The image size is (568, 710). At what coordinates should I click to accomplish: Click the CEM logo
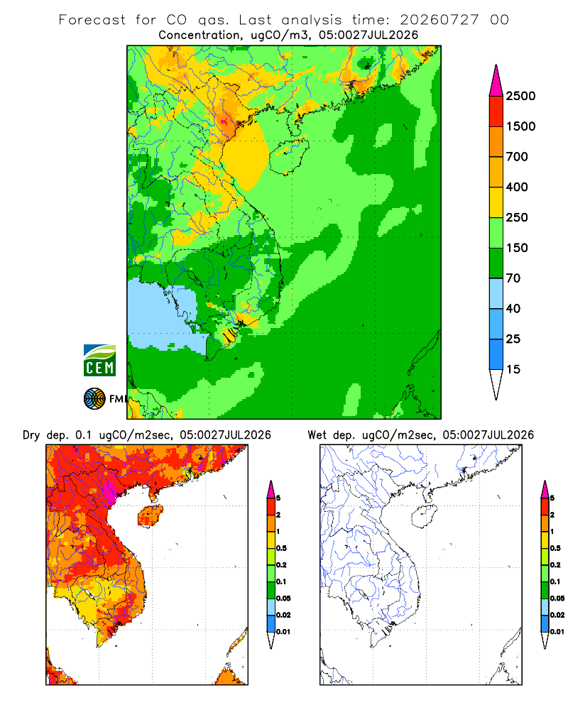point(99,361)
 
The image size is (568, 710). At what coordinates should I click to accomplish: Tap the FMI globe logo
point(94,399)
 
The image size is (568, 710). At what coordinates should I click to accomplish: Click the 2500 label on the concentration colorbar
point(520,96)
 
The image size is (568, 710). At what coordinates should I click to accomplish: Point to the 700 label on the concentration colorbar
point(517,157)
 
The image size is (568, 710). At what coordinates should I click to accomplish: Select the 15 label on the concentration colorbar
point(513,369)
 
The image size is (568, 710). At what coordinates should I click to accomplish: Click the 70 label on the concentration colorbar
point(513,278)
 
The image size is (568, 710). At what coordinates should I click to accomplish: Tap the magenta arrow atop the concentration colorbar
point(496,81)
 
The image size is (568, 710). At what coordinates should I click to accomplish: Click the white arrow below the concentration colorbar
point(496,384)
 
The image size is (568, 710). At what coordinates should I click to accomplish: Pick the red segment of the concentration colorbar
point(496,111)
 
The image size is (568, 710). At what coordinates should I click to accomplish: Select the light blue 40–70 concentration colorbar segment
point(496,293)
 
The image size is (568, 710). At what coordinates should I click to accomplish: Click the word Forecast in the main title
point(92,20)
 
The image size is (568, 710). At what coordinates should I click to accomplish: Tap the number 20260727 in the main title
point(439,20)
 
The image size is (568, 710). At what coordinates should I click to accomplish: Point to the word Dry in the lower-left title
point(31,435)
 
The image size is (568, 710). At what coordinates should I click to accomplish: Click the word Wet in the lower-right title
point(317,435)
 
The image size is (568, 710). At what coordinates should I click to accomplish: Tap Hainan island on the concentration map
point(288,156)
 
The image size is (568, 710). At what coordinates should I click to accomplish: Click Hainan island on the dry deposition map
point(150,516)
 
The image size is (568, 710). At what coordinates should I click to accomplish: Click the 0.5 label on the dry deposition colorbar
point(281,548)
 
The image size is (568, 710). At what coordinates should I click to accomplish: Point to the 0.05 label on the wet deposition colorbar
point(557,598)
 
